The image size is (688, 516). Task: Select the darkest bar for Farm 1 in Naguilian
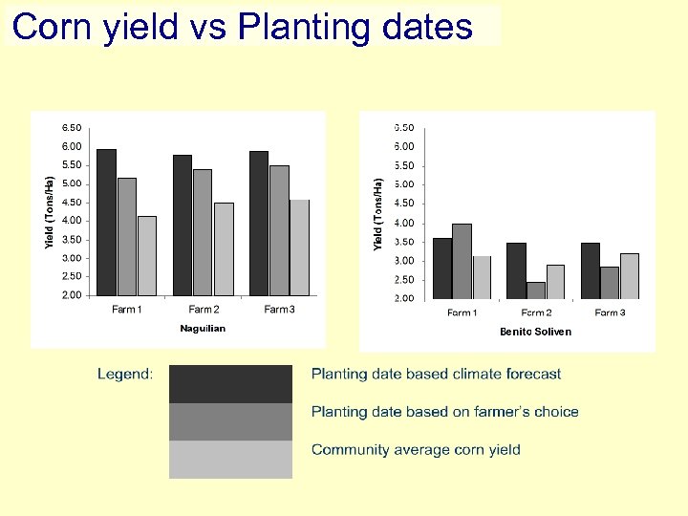[x=106, y=222]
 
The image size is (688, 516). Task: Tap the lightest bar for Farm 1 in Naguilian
[x=146, y=255]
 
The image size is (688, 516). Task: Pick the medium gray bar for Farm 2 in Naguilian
[x=203, y=232]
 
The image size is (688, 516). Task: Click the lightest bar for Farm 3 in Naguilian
[x=299, y=247]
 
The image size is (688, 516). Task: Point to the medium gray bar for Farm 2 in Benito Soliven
[x=535, y=290]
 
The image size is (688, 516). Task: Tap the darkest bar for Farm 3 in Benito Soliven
[x=590, y=270]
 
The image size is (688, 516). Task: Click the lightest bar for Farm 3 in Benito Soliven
[x=629, y=275]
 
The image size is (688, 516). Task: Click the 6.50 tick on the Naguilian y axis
[x=72, y=128]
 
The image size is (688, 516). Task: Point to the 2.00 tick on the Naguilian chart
[x=72, y=295]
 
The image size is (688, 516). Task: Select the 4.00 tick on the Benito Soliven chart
[x=404, y=223]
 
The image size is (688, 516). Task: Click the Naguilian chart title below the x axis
[x=203, y=329]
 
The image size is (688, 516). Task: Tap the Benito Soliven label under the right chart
[x=535, y=332]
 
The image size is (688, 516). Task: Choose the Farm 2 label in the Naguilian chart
[x=203, y=310]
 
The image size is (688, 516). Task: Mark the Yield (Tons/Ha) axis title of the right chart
[x=378, y=215]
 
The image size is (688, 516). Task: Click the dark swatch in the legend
[x=230, y=384]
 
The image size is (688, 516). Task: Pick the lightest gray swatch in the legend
[x=230, y=459]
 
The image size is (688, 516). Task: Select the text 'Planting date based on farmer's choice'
[x=444, y=412]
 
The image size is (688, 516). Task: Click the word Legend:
[x=125, y=375]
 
